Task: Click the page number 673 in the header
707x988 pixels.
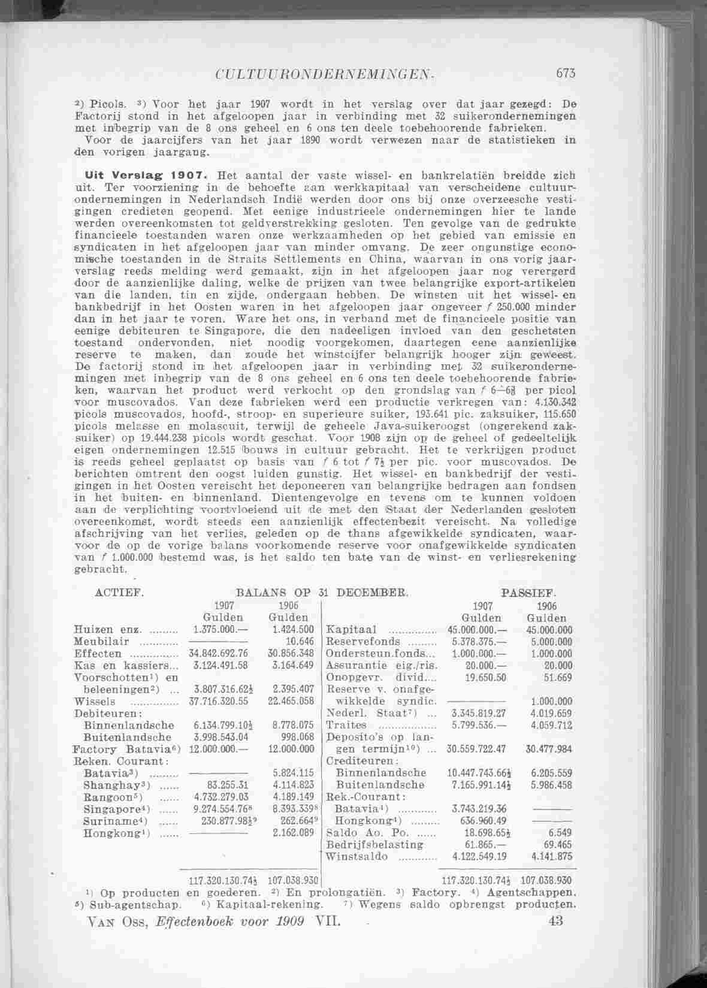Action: coord(566,74)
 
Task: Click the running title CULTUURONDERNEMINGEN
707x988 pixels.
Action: coord(324,75)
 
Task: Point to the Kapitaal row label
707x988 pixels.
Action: coord(351,630)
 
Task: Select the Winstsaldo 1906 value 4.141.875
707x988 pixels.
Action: coord(552,857)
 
